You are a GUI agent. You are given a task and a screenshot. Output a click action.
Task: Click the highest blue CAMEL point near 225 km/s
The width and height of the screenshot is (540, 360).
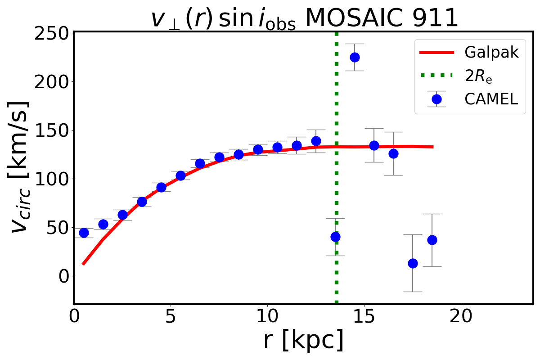[355, 57]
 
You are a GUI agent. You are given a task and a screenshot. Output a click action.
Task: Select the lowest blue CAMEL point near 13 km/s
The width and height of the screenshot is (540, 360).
[413, 263]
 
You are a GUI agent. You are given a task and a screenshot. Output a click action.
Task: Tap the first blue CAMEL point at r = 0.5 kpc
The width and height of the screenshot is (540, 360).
[84, 233]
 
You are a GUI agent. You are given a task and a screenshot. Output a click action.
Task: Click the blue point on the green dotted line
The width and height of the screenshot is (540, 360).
[335, 237]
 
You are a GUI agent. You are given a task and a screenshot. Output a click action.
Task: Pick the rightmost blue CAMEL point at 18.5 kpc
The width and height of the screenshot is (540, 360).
[432, 240]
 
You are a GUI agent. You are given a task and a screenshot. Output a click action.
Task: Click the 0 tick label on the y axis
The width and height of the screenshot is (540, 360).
[62, 276]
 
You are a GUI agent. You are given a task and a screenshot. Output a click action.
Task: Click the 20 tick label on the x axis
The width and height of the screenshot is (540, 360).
[461, 317]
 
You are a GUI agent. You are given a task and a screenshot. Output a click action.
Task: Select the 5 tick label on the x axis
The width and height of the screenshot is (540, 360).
[171, 317]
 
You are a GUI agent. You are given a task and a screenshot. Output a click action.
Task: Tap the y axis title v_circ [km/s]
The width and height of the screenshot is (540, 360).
[20, 166]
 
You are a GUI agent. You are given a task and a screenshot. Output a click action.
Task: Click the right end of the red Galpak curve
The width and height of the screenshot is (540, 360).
[432, 147]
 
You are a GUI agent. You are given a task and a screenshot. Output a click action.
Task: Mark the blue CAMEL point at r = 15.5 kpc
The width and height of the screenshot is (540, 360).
[374, 145]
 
